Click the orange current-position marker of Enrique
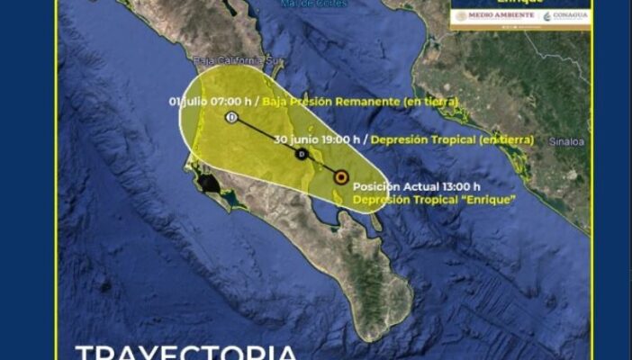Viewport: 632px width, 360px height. click(x=341, y=177)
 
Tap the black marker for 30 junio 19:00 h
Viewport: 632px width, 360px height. click(x=301, y=155)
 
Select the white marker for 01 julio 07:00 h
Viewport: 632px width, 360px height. click(x=232, y=118)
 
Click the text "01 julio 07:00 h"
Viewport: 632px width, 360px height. click(x=212, y=102)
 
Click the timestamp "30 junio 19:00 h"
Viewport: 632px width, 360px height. click(x=318, y=139)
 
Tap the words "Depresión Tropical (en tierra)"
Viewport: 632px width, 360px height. click(x=452, y=139)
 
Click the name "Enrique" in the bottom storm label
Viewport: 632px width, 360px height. click(x=494, y=199)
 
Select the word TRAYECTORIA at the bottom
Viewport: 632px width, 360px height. click(x=185, y=351)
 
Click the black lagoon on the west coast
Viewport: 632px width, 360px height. click(x=209, y=184)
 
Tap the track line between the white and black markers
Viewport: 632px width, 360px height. click(x=266, y=137)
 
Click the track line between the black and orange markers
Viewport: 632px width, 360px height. click(x=321, y=166)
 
